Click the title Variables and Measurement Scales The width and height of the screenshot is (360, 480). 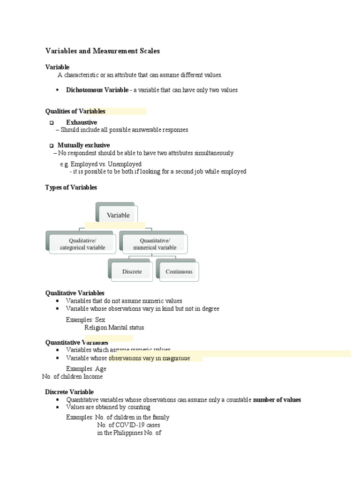point(102,51)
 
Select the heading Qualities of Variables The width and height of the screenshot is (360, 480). point(75,111)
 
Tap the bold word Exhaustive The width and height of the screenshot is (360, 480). point(82,122)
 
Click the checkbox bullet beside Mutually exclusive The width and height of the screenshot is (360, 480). point(52,146)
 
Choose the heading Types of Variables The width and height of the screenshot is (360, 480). point(71,187)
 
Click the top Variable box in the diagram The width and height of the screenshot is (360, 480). point(118,215)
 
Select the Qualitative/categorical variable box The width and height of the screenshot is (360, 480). point(82,244)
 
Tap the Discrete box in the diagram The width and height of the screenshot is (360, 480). point(132,271)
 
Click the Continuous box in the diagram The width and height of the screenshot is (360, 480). point(179,271)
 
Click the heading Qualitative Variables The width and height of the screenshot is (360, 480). point(75,293)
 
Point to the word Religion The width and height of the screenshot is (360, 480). point(96,328)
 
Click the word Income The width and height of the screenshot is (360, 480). point(94,376)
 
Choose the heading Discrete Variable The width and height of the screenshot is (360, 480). point(69,392)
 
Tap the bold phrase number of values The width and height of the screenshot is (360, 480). point(277,400)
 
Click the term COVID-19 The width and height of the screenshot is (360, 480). point(122,425)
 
